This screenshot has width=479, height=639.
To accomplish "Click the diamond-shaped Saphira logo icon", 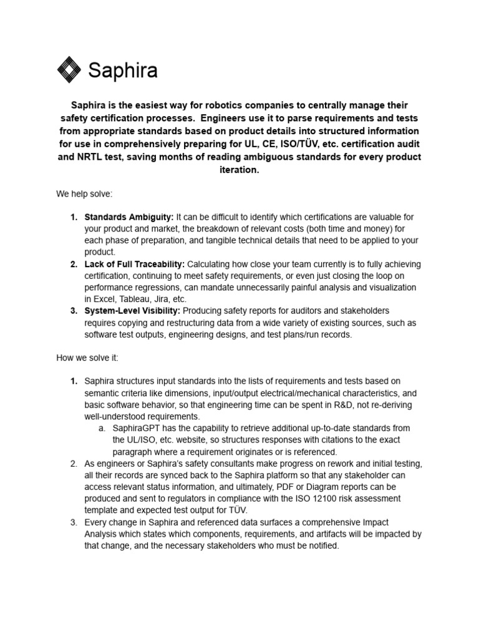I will point(69,69).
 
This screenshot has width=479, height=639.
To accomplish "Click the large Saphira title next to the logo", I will point(122,71).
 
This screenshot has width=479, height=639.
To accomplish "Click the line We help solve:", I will point(84,194).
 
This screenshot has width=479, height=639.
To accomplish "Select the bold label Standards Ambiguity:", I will point(129,217).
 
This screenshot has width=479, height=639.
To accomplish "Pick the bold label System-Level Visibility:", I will point(133,311).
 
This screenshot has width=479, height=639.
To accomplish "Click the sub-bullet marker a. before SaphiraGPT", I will point(102,428).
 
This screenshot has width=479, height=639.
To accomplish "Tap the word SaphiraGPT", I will point(138,428).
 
